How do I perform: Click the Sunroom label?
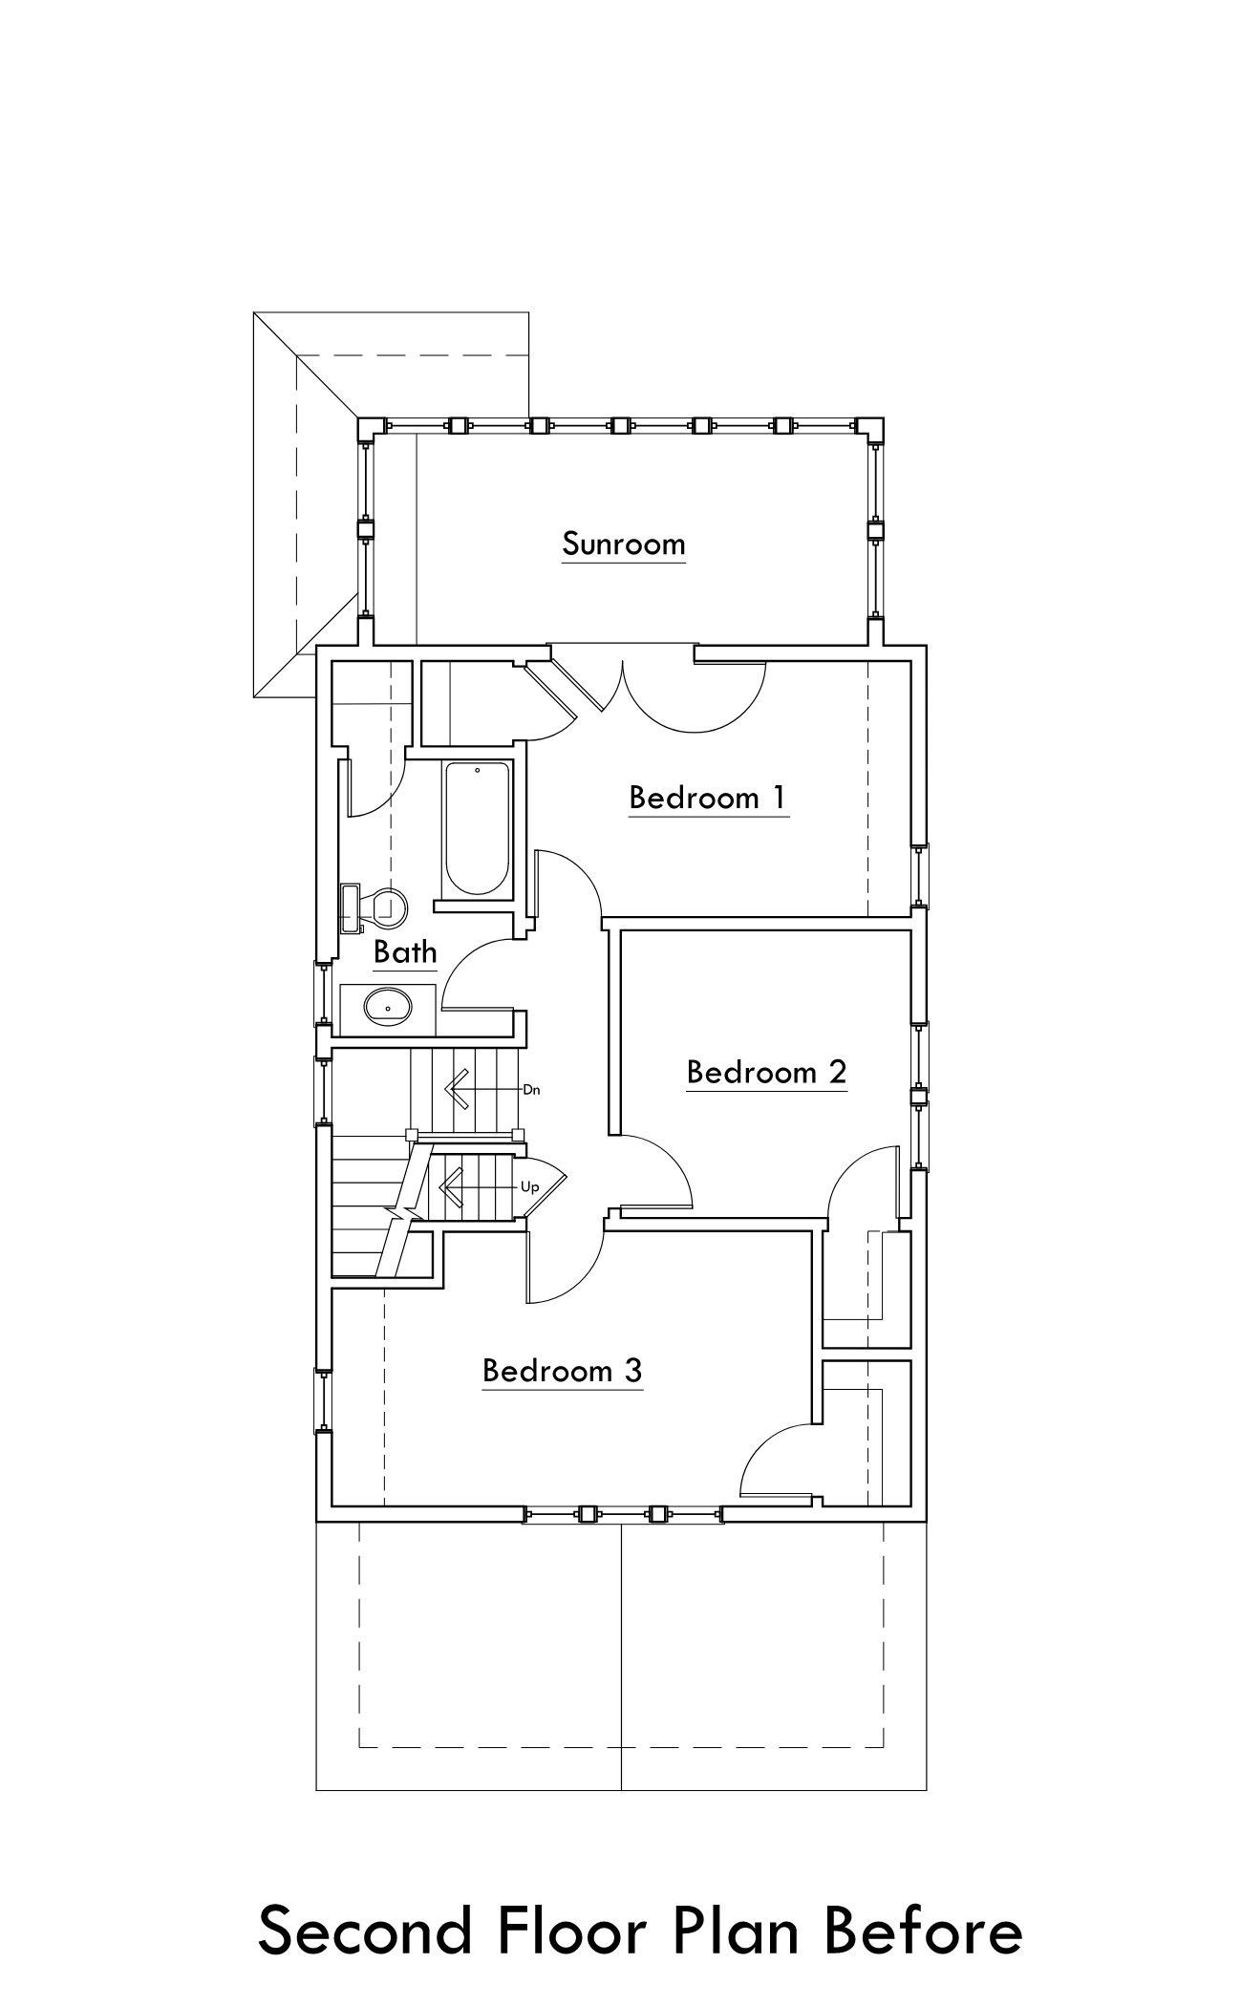click(624, 544)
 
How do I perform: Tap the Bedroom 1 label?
click(708, 797)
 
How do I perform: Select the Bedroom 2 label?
click(766, 1072)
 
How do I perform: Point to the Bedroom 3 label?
click(562, 1371)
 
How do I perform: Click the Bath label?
click(405, 951)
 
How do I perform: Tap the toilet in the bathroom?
click(374, 906)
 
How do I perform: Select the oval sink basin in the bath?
click(388, 1007)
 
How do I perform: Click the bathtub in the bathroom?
click(477, 827)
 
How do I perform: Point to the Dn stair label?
click(532, 1089)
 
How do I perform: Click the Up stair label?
click(530, 1187)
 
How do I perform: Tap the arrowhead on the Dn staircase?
click(455, 1089)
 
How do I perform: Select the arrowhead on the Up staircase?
click(449, 1187)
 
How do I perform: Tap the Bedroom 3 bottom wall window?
click(623, 1513)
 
